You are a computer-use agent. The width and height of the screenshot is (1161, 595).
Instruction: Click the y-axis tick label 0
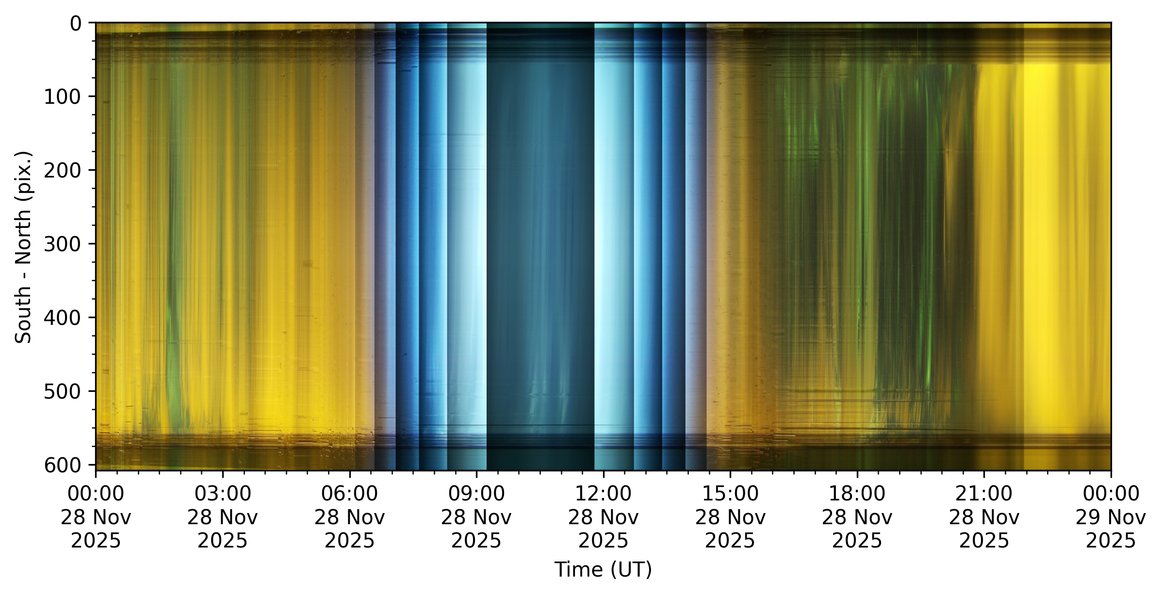pyautogui.click(x=76, y=23)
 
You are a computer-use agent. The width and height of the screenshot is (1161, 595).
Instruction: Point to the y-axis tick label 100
pyautogui.click(x=63, y=97)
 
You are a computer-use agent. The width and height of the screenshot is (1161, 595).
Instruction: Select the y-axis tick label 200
pyautogui.click(x=63, y=171)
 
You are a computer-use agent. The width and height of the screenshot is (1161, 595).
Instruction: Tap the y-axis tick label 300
pyautogui.click(x=63, y=244)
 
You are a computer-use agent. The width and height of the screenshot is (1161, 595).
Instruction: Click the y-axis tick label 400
pyautogui.click(x=63, y=318)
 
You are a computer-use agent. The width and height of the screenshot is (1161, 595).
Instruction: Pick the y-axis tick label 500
pyautogui.click(x=63, y=391)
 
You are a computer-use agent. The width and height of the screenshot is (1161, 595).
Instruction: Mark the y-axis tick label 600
pyautogui.click(x=63, y=465)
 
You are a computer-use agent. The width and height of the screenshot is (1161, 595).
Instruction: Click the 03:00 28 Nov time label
pyautogui.click(x=223, y=517)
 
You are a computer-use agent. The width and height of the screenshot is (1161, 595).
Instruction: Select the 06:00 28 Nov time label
pyautogui.click(x=349, y=517)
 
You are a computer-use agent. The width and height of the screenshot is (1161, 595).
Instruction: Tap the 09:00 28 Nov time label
pyautogui.click(x=476, y=517)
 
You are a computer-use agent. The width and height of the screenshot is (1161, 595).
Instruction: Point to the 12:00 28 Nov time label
pyautogui.click(x=603, y=517)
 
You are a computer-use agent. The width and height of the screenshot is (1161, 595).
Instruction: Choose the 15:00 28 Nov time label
pyautogui.click(x=730, y=517)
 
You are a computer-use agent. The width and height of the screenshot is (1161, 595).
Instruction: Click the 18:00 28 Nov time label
pyautogui.click(x=857, y=517)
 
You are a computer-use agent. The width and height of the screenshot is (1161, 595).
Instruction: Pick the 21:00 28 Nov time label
pyautogui.click(x=984, y=517)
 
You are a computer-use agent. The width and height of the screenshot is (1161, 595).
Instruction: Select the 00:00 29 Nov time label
pyautogui.click(x=1111, y=517)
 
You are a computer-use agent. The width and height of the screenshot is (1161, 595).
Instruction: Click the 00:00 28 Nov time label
pyautogui.click(x=96, y=517)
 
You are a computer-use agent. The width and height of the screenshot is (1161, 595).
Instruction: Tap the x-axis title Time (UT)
pyautogui.click(x=603, y=569)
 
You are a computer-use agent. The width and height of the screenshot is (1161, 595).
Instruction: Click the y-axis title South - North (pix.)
pyautogui.click(x=23, y=247)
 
